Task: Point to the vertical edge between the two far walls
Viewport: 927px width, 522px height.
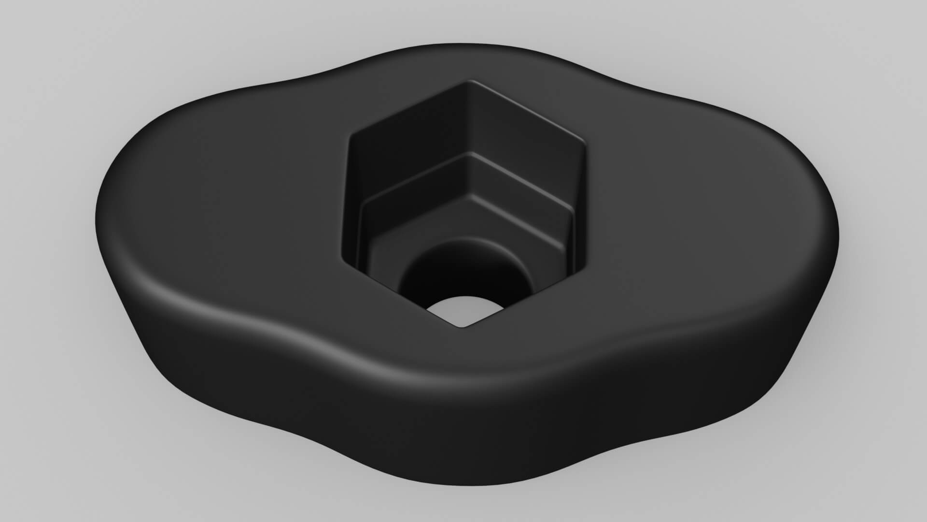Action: click(x=467, y=121)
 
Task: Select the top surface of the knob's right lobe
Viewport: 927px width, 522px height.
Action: click(x=715, y=203)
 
